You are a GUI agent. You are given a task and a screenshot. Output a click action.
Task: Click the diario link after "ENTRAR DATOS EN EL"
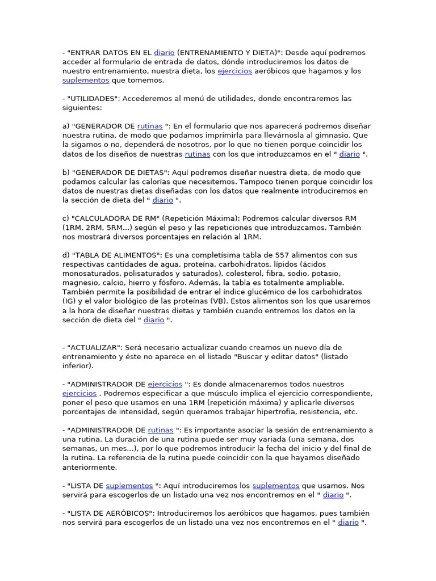pos(164,53)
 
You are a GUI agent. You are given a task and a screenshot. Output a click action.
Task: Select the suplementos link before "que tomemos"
pos(78,81)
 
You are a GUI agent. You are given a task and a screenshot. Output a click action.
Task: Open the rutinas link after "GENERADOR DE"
pos(150,127)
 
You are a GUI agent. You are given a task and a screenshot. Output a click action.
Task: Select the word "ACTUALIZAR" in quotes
pos(94,347)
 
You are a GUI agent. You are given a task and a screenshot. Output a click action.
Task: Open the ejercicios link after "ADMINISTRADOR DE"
pos(165,384)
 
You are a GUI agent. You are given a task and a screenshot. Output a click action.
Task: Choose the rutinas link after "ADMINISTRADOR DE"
pos(161,430)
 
